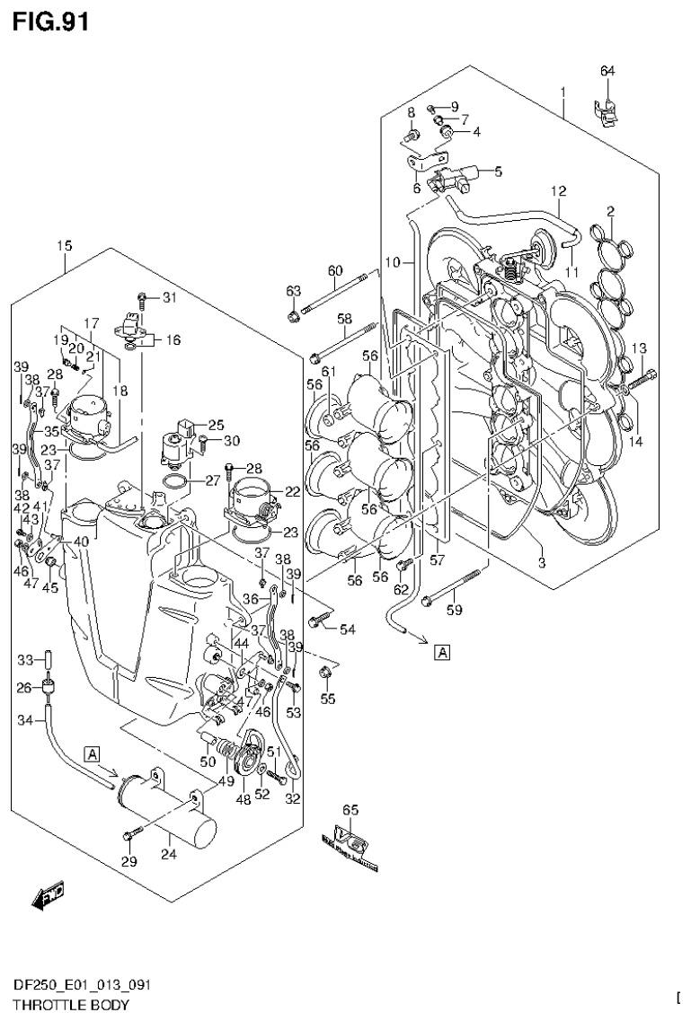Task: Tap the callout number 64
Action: [x=607, y=71]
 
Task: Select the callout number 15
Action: [x=64, y=245]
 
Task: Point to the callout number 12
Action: [x=558, y=190]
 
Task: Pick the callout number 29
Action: [x=129, y=862]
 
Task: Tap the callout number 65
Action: [x=350, y=810]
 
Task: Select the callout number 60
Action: [x=335, y=270]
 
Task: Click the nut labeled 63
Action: [x=294, y=315]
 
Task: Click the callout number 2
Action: [x=610, y=211]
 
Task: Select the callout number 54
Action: [x=348, y=629]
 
